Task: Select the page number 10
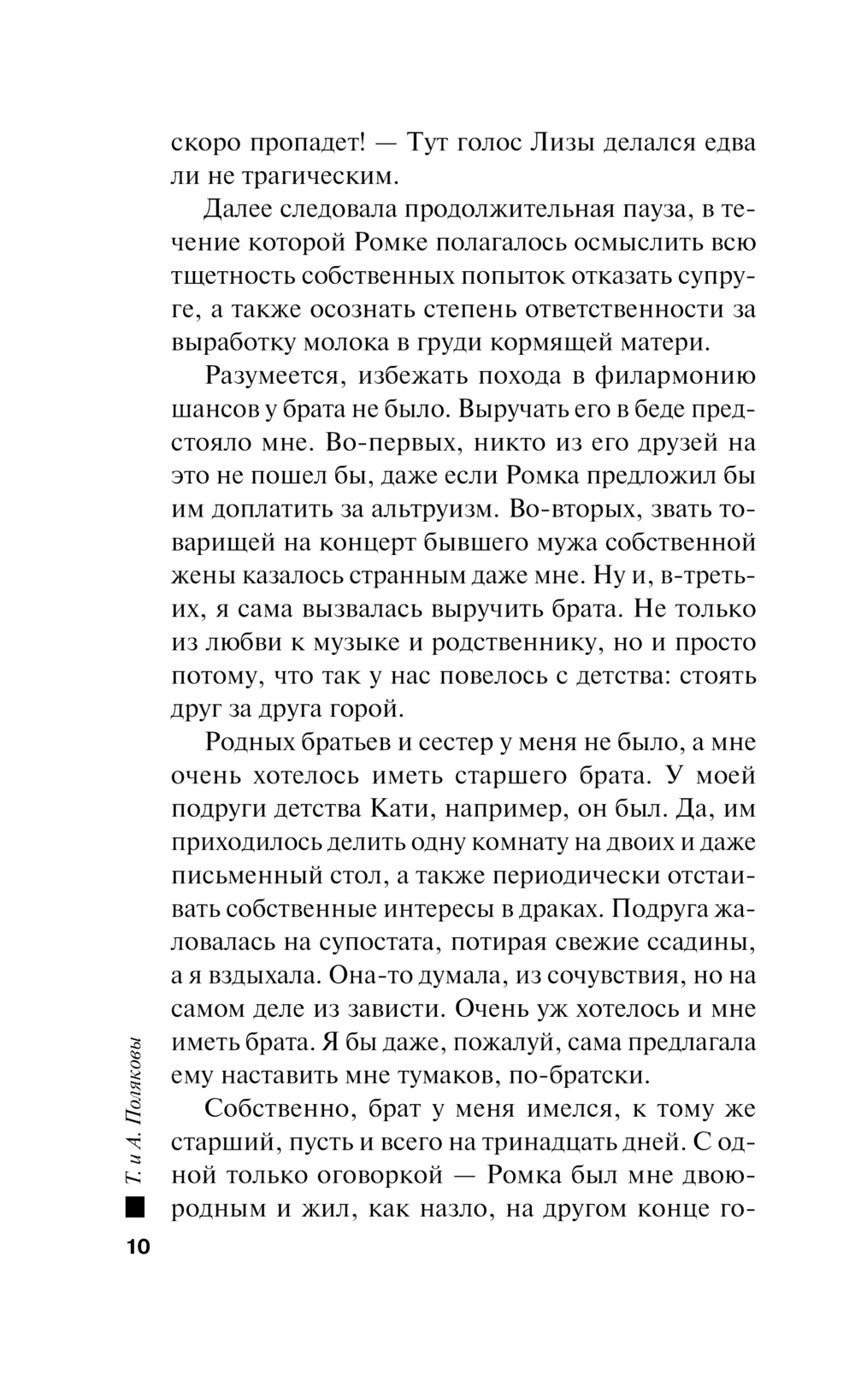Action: coord(135,1246)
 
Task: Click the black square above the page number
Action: coord(134,1208)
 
